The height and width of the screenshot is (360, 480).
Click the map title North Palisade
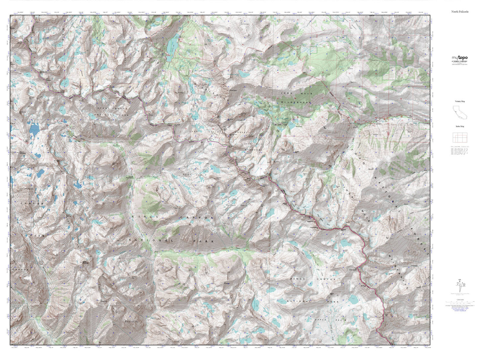(460, 12)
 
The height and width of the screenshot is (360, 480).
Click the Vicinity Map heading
(460, 101)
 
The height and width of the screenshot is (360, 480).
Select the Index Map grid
(460, 137)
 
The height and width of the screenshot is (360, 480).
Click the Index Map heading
(460, 126)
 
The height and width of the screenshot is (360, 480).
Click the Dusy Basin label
(190, 174)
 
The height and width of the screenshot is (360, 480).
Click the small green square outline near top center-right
(314, 50)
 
